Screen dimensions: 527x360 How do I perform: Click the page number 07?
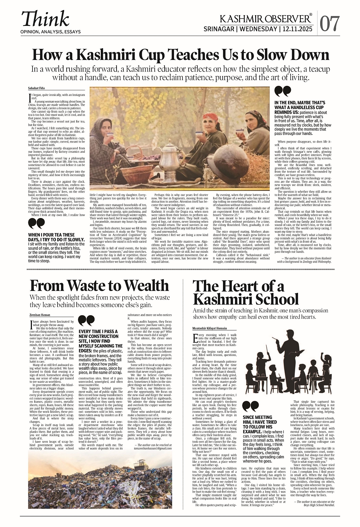(x=330, y=24)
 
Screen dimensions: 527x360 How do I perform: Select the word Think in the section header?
(x=45, y=19)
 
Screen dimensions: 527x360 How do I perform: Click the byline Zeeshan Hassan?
(x=40, y=315)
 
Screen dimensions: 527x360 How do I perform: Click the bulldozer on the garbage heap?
(x=141, y=464)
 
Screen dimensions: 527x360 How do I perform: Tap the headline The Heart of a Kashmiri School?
(x=246, y=293)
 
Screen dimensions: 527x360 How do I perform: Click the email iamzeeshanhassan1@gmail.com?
(x=153, y=448)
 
